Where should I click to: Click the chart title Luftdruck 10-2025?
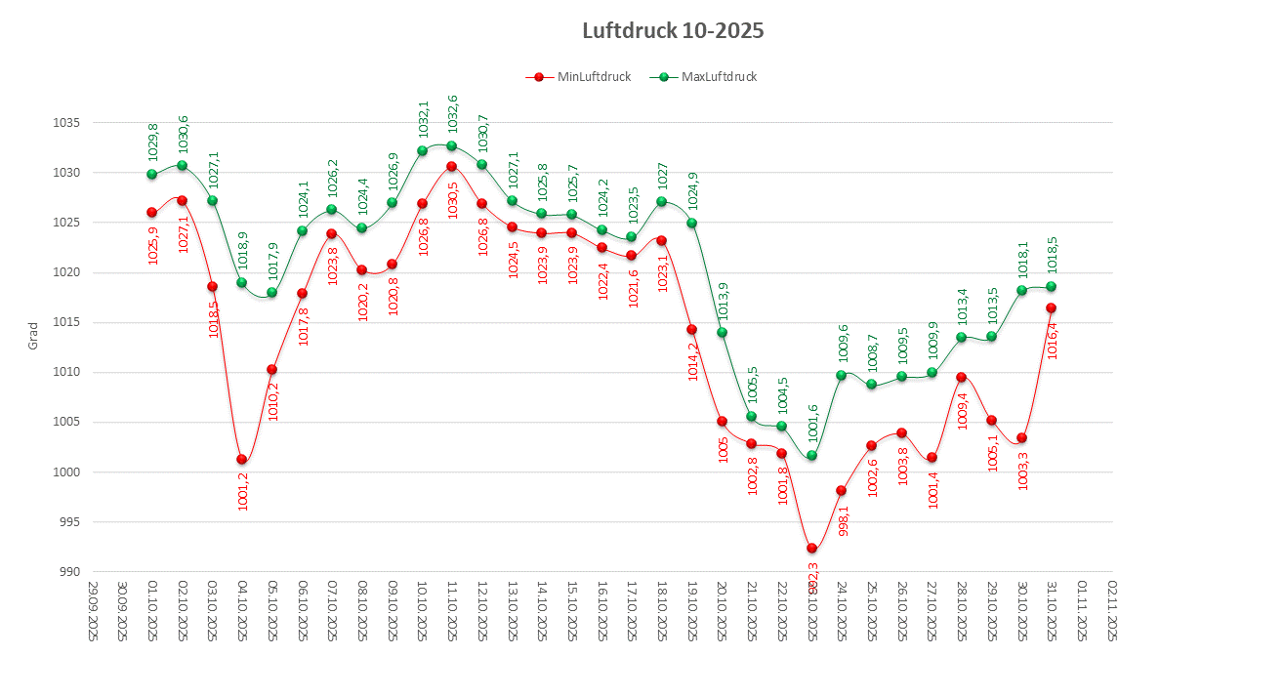(x=672, y=31)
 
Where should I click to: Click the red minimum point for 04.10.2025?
(x=241, y=459)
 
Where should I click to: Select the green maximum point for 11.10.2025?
(x=451, y=146)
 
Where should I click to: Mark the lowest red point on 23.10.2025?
(x=811, y=548)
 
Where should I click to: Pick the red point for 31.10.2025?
(x=1051, y=307)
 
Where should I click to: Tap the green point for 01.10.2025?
(x=151, y=174)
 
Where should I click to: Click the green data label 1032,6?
(x=452, y=117)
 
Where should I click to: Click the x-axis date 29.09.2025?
(x=93, y=610)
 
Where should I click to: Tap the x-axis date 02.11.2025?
(x=1112, y=610)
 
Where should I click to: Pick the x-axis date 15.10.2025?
(x=572, y=610)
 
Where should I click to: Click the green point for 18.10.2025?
(x=661, y=201)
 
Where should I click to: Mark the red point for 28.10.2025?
(x=961, y=377)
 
